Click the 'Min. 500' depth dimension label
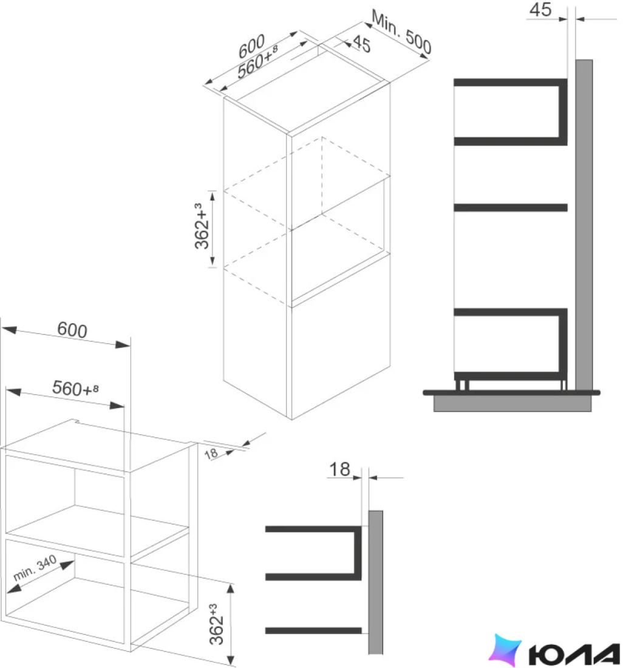pyautogui.click(x=401, y=32)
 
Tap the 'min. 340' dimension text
pyautogui.click(x=35, y=568)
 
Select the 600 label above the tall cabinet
pyautogui.click(x=251, y=46)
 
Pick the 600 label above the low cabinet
pyautogui.click(x=72, y=330)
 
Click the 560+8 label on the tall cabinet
pyautogui.click(x=257, y=62)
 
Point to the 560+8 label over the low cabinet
pyautogui.click(x=75, y=388)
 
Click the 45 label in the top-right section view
pyautogui.click(x=540, y=10)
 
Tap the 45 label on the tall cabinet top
pyautogui.click(x=361, y=44)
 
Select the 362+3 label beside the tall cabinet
pyautogui.click(x=202, y=227)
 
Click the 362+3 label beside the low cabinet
pyautogui.click(x=216, y=624)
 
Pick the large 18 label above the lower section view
pyautogui.click(x=339, y=469)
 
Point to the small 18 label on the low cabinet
pyautogui.click(x=211, y=454)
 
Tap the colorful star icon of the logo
pyautogui.click(x=505, y=650)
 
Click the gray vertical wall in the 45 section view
pyautogui.click(x=584, y=225)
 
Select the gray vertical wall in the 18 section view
pyautogui.click(x=376, y=582)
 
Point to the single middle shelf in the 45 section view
pyautogui.click(x=511, y=208)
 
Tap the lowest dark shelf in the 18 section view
pyautogui.click(x=313, y=630)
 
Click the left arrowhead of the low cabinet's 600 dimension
pyautogui.click(x=9, y=330)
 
